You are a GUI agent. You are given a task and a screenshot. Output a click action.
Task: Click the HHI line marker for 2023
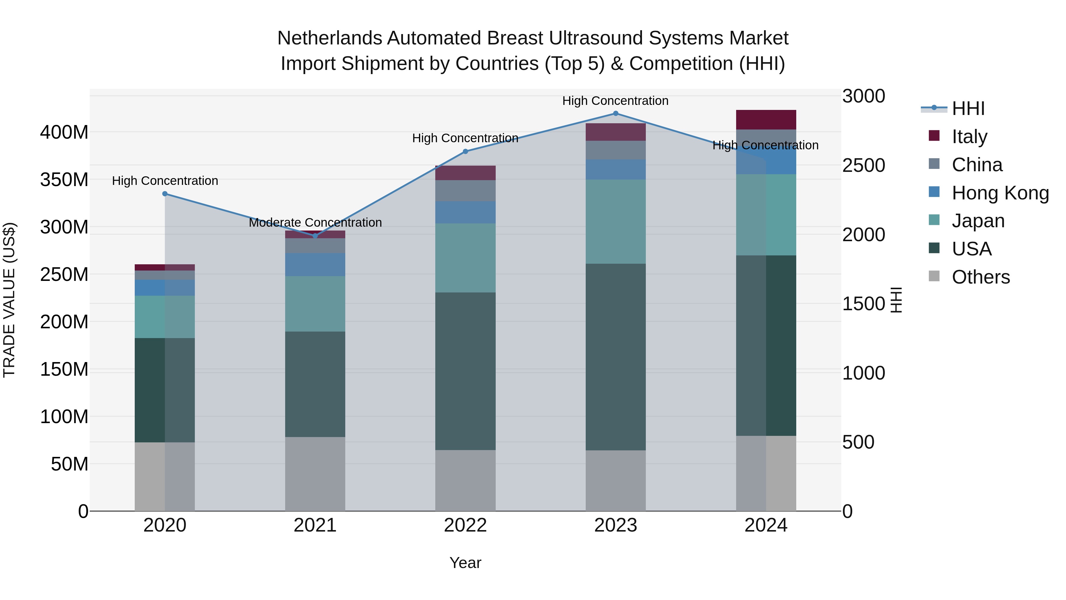coord(615,113)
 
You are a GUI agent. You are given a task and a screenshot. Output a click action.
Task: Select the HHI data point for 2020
coord(165,194)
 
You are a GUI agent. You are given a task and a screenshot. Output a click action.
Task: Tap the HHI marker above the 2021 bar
coord(315,236)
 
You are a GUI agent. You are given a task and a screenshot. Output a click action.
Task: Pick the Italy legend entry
coord(969,137)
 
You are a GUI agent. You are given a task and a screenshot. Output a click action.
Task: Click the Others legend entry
coord(980,277)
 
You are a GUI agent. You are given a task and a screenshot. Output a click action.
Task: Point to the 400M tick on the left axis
coord(64,132)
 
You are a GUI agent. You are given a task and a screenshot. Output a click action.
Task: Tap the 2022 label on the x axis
coord(465,525)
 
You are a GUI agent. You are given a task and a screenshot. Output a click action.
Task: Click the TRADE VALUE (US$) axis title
coord(9,300)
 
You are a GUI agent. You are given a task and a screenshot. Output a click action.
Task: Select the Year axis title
coord(465,563)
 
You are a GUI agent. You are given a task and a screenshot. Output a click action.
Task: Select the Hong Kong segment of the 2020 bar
coord(165,287)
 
